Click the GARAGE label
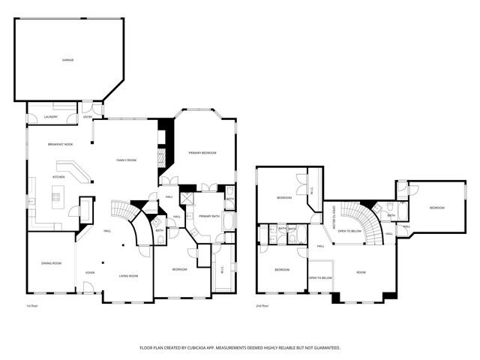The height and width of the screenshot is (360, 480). click(x=67, y=60)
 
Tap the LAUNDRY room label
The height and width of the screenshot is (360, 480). click(x=51, y=118)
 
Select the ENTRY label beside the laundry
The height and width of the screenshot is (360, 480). click(x=88, y=118)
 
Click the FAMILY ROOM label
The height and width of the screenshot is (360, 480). click(x=126, y=160)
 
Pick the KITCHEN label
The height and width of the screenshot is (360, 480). click(x=59, y=177)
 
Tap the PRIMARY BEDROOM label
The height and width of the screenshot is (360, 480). click(x=202, y=153)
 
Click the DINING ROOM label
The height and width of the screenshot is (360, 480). click(x=51, y=263)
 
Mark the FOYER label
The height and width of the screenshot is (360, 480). click(x=89, y=272)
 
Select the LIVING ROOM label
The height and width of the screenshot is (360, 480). click(x=128, y=276)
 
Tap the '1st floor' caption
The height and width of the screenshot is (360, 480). click(x=33, y=306)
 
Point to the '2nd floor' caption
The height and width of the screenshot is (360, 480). click(x=262, y=306)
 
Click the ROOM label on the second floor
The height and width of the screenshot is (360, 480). click(x=361, y=272)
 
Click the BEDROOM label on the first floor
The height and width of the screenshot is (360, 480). click(x=179, y=269)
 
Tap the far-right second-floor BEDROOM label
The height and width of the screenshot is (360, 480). click(x=436, y=208)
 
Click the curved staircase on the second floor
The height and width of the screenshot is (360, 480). click(x=367, y=220)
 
